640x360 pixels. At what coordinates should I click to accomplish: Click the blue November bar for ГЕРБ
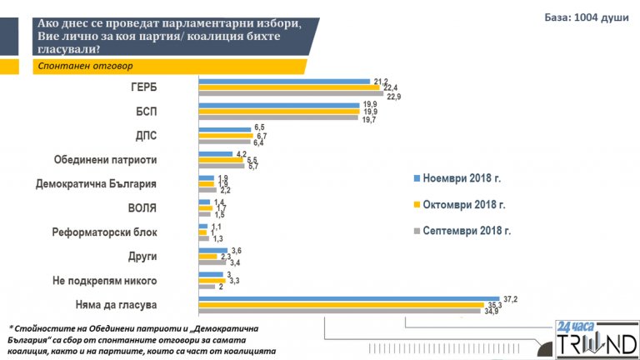coord(283,82)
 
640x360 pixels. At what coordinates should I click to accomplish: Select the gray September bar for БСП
coord(279,118)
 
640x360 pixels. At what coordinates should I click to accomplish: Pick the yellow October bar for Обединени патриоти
coord(220,159)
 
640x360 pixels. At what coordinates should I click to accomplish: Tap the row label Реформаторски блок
coord(134,232)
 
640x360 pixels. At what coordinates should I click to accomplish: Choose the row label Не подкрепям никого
coord(135,280)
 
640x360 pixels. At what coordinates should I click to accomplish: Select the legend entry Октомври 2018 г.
coord(463,204)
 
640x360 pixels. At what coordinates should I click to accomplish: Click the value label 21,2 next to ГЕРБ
coord(382,81)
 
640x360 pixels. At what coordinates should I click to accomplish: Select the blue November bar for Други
coord(212,250)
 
